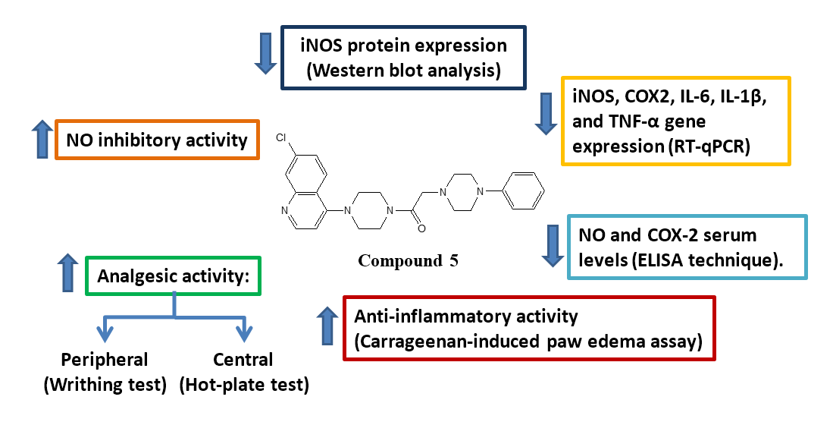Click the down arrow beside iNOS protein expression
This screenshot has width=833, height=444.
click(265, 54)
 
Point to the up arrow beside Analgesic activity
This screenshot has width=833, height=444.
click(68, 274)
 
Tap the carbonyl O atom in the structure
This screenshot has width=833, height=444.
click(421, 227)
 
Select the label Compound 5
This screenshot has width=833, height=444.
click(408, 261)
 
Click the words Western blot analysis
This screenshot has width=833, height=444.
click(402, 71)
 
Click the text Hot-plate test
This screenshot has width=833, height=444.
click(244, 385)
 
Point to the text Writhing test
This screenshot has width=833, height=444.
click(105, 385)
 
